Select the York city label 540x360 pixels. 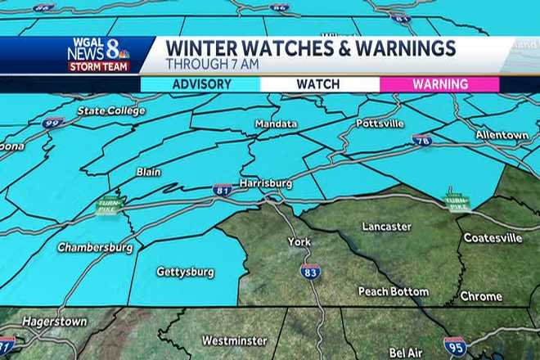click(299, 242)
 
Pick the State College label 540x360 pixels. click(110, 110)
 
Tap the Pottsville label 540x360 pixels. click(380, 124)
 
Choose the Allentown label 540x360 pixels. click(502, 134)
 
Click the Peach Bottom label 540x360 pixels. click(394, 291)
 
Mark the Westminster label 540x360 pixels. click(232, 340)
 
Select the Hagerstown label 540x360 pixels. click(54, 322)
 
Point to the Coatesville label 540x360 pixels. click(493, 238)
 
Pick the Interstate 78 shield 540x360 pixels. click(421, 141)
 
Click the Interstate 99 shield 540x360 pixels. click(53, 124)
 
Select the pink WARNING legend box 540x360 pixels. click(439, 84)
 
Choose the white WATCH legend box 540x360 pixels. click(319, 84)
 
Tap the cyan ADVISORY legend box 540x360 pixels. click(200, 84)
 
